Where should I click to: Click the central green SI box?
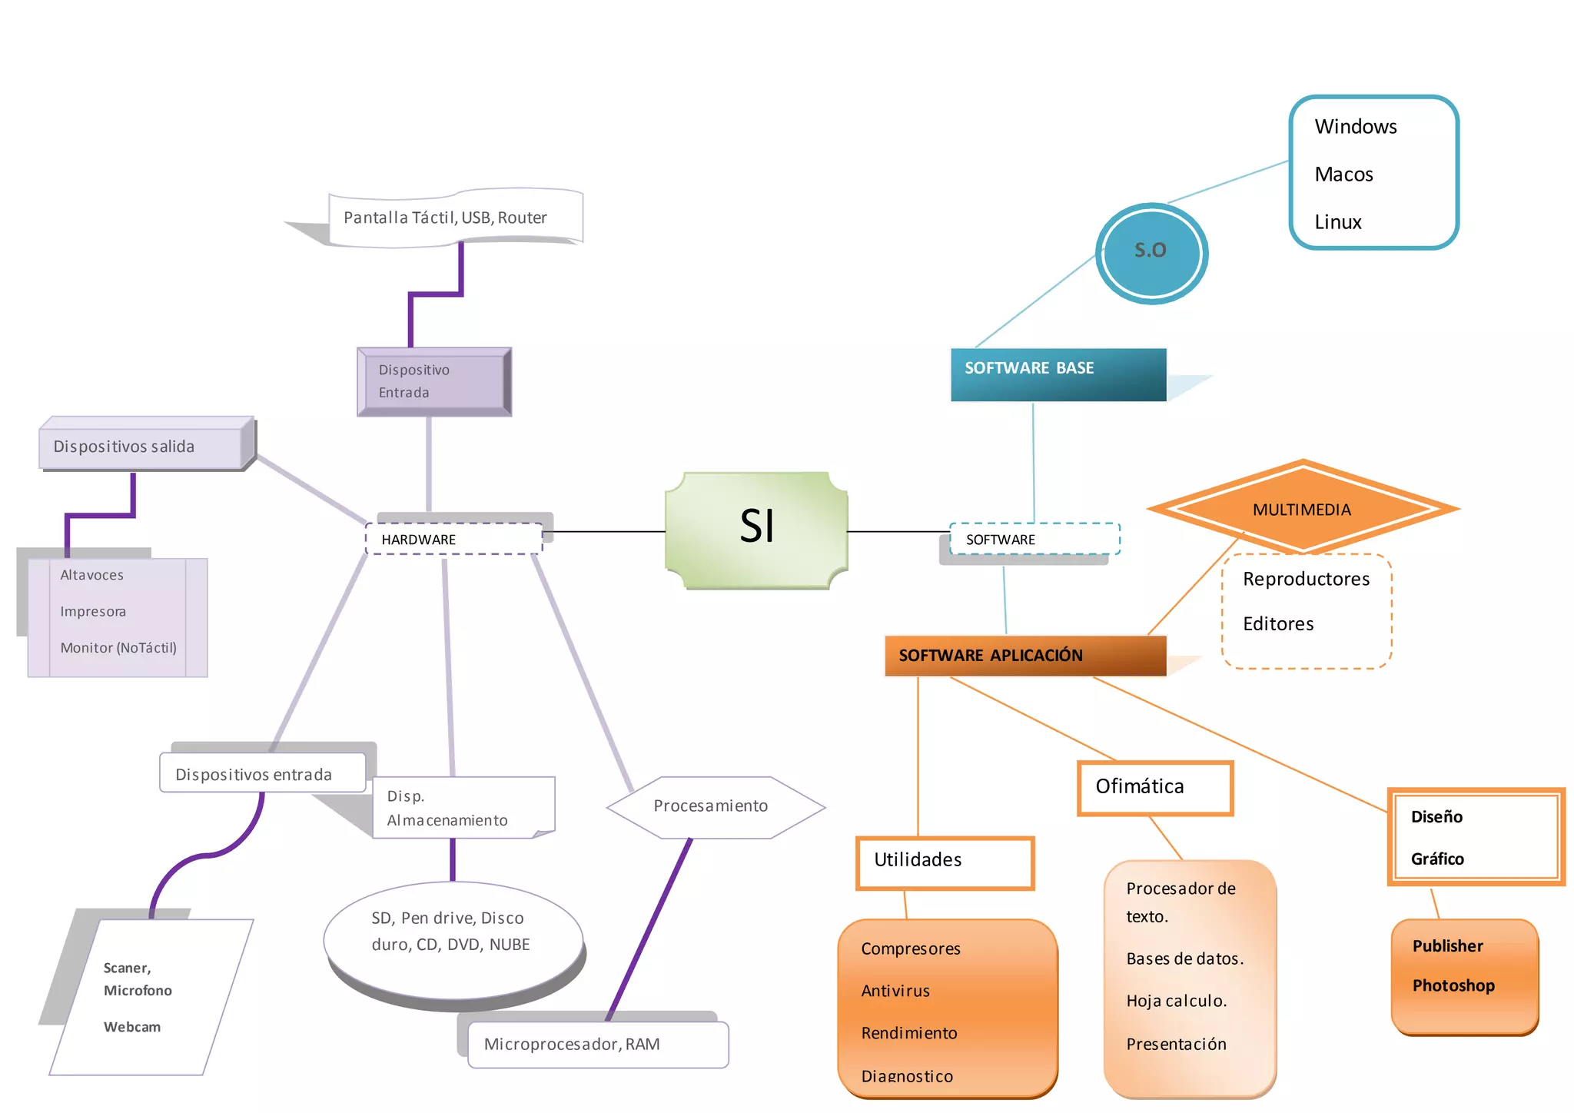(756, 530)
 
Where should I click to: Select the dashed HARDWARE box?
(453, 539)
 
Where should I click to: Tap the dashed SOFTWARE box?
(1034, 539)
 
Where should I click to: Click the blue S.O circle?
(1151, 253)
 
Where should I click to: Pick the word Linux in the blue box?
(1337, 222)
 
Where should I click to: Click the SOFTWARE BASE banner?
(1058, 374)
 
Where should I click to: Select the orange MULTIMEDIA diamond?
(1302, 508)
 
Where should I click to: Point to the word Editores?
(1278, 623)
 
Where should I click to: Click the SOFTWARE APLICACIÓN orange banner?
(1024, 656)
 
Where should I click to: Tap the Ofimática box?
(1154, 787)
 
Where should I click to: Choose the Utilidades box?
(945, 862)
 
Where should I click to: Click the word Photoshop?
(1453, 985)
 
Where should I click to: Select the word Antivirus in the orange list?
(895, 991)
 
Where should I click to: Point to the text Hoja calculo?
(1176, 1001)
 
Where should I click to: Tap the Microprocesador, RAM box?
(597, 1044)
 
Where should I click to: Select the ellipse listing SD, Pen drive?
(453, 939)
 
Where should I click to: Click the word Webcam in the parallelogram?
(132, 1027)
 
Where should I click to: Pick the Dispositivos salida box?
(142, 447)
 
